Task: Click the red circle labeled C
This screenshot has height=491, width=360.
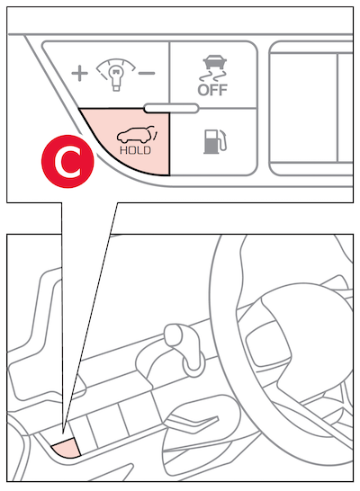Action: coord(67,161)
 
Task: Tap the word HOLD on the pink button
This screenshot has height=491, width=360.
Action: coord(135,150)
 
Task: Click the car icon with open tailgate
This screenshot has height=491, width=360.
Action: coord(137,134)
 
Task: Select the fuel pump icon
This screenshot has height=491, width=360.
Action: coord(215,141)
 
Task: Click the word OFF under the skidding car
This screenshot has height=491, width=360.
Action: coord(212,90)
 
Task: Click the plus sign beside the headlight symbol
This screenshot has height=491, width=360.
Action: coord(79,73)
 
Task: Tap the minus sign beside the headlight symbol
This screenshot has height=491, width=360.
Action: coord(147,73)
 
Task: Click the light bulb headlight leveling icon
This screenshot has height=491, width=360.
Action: coord(115,75)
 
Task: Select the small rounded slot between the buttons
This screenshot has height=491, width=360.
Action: coord(171,108)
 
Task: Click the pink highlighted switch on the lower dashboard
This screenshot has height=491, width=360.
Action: coord(67,448)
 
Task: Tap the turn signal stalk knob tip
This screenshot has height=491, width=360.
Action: coord(174,335)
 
